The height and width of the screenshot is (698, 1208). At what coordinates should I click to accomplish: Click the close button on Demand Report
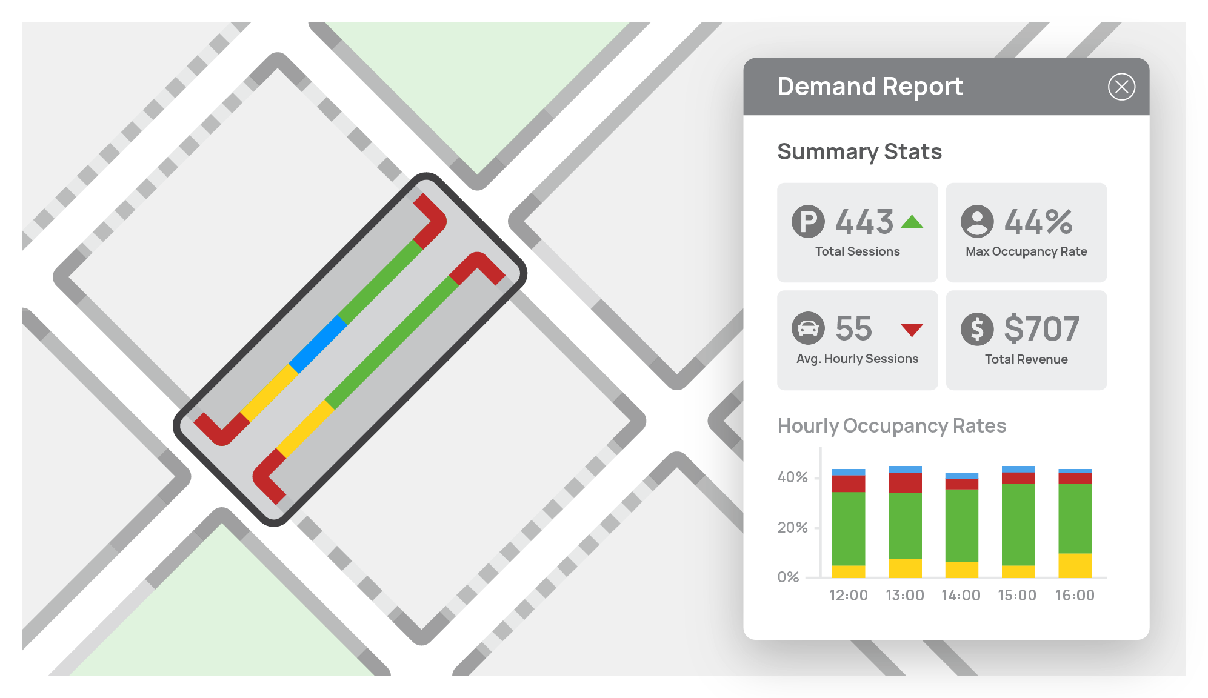click(1121, 87)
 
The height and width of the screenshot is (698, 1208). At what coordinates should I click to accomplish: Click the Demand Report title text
click(870, 87)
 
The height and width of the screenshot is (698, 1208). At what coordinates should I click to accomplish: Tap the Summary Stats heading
click(859, 151)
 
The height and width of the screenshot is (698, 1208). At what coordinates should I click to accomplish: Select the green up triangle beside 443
click(912, 222)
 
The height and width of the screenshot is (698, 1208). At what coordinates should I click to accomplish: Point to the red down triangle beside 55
click(912, 330)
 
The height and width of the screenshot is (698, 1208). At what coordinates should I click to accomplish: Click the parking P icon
click(808, 222)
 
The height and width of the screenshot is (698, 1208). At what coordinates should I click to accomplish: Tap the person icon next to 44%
click(977, 222)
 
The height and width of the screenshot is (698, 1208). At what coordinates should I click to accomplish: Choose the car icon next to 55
click(808, 328)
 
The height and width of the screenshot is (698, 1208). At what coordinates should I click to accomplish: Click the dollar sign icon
click(977, 329)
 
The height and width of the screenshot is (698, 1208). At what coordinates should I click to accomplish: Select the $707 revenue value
click(1041, 329)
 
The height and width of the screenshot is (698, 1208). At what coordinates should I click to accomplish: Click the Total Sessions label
click(857, 251)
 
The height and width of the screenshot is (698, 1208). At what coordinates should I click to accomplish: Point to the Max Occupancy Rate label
click(1026, 251)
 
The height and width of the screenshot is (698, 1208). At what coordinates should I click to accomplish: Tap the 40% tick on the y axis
click(793, 477)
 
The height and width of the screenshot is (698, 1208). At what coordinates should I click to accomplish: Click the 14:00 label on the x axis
click(961, 596)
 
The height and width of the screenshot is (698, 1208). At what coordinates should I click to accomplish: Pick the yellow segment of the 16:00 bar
click(1075, 565)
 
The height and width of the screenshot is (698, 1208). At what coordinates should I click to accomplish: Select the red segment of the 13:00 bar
click(905, 482)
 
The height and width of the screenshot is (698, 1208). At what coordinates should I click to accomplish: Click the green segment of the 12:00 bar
click(849, 528)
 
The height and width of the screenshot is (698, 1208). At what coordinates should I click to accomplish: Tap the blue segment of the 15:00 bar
click(1018, 469)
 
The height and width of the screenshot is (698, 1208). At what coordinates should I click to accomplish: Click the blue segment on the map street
click(318, 344)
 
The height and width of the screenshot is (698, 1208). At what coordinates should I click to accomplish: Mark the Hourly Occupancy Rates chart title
click(892, 426)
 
